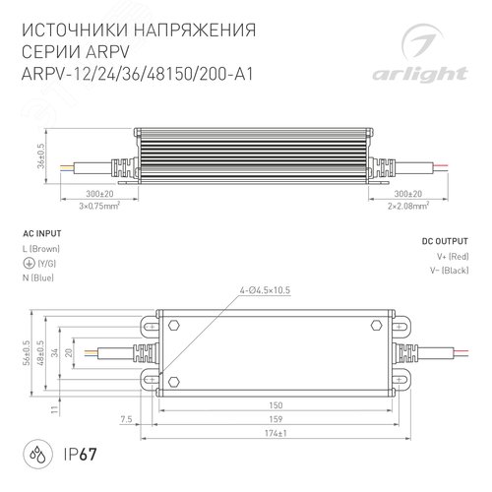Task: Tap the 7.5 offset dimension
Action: [x=125, y=418]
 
